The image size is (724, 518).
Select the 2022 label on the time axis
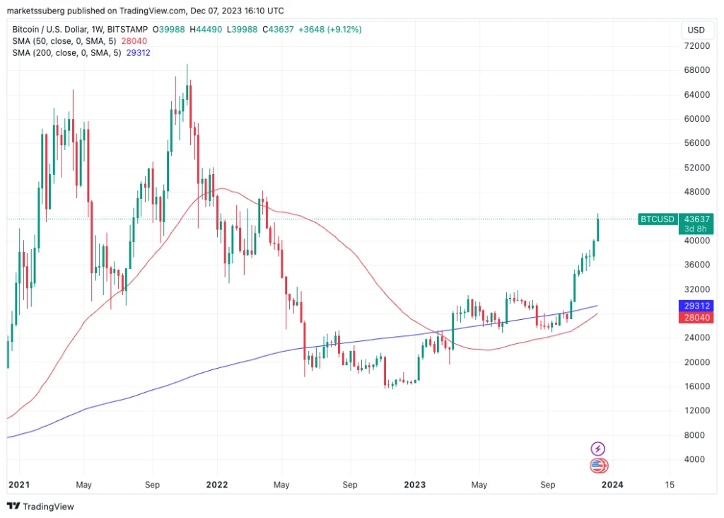coord(216,485)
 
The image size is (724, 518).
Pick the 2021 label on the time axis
coord(18,485)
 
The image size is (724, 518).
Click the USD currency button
coord(696,30)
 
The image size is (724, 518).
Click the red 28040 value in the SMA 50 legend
coord(134,41)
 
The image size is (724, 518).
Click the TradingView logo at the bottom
coord(40,507)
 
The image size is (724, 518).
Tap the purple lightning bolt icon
coord(598,449)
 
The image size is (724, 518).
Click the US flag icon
coord(598,465)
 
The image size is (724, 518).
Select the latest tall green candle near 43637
coord(598,229)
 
